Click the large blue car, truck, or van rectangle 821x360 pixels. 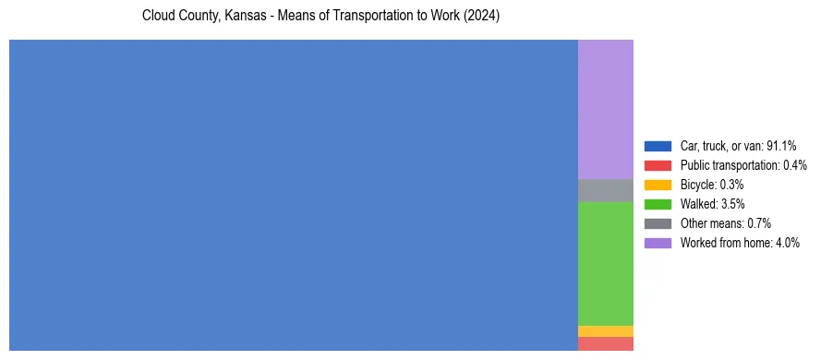coord(294,195)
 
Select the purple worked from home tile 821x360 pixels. coord(606,109)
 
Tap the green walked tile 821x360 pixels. coord(606,263)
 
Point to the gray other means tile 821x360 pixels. coord(606,190)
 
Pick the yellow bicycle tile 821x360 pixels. coord(606,331)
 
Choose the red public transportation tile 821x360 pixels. coord(606,343)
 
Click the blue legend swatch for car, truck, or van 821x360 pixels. coord(658,146)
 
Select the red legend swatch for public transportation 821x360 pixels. coord(658,165)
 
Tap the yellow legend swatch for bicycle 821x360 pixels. coord(658,185)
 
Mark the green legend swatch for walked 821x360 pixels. coord(658,204)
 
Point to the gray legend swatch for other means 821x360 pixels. coord(658,223)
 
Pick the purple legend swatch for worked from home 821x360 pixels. coord(658,243)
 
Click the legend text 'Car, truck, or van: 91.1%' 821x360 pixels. coord(738,146)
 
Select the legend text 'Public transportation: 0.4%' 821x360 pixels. coord(743,165)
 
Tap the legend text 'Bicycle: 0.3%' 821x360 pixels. coord(712,185)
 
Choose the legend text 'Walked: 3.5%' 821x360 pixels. coord(712,204)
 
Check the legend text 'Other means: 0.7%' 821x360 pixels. coord(725,223)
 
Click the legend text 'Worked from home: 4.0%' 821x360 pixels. coord(741,243)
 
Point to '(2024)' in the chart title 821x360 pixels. coord(482,17)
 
